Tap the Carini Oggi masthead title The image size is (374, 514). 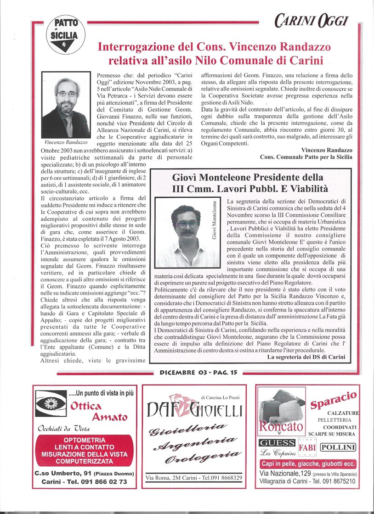pyautogui.click(x=312, y=20)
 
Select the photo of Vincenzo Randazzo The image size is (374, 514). pyautogui.click(x=66, y=105)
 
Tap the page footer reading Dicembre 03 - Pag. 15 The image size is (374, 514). pyautogui.click(x=198, y=373)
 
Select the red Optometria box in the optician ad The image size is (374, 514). pyautogui.click(x=84, y=450)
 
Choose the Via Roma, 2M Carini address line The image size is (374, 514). pyautogui.click(x=194, y=478)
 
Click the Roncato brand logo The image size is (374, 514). pyautogui.click(x=281, y=426)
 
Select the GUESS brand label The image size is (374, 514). pyautogui.click(x=277, y=443)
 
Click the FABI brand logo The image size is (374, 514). pyautogui.click(x=307, y=447)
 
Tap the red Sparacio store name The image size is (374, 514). pyautogui.click(x=334, y=400)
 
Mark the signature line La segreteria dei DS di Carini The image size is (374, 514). pyautogui.click(x=306, y=357)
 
